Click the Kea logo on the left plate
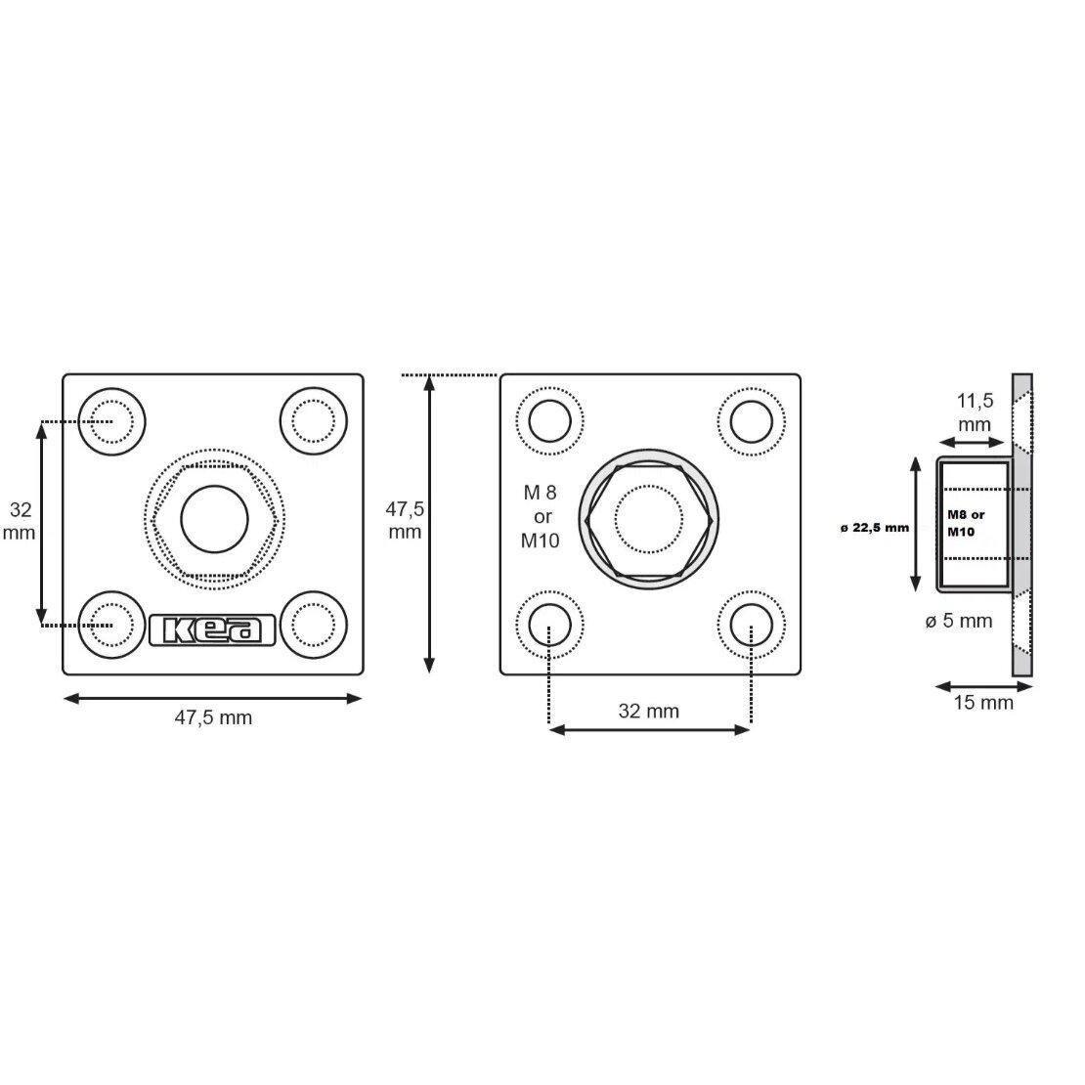pos(212,629)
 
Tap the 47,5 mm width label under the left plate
pos(213,717)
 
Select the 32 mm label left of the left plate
pos(20,521)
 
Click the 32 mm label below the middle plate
pos(648,711)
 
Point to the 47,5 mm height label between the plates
pos(405,520)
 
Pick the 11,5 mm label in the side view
pos(975,412)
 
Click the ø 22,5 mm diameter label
pos(875,528)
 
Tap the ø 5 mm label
pos(958,621)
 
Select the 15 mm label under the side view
pos(983,703)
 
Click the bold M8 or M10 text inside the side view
pos(966,523)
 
